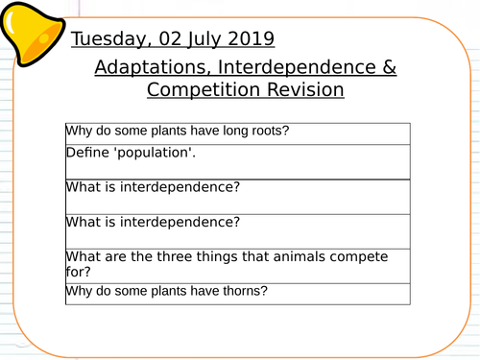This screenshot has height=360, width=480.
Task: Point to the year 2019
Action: (252, 39)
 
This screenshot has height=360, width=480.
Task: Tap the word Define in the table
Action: (86, 154)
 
